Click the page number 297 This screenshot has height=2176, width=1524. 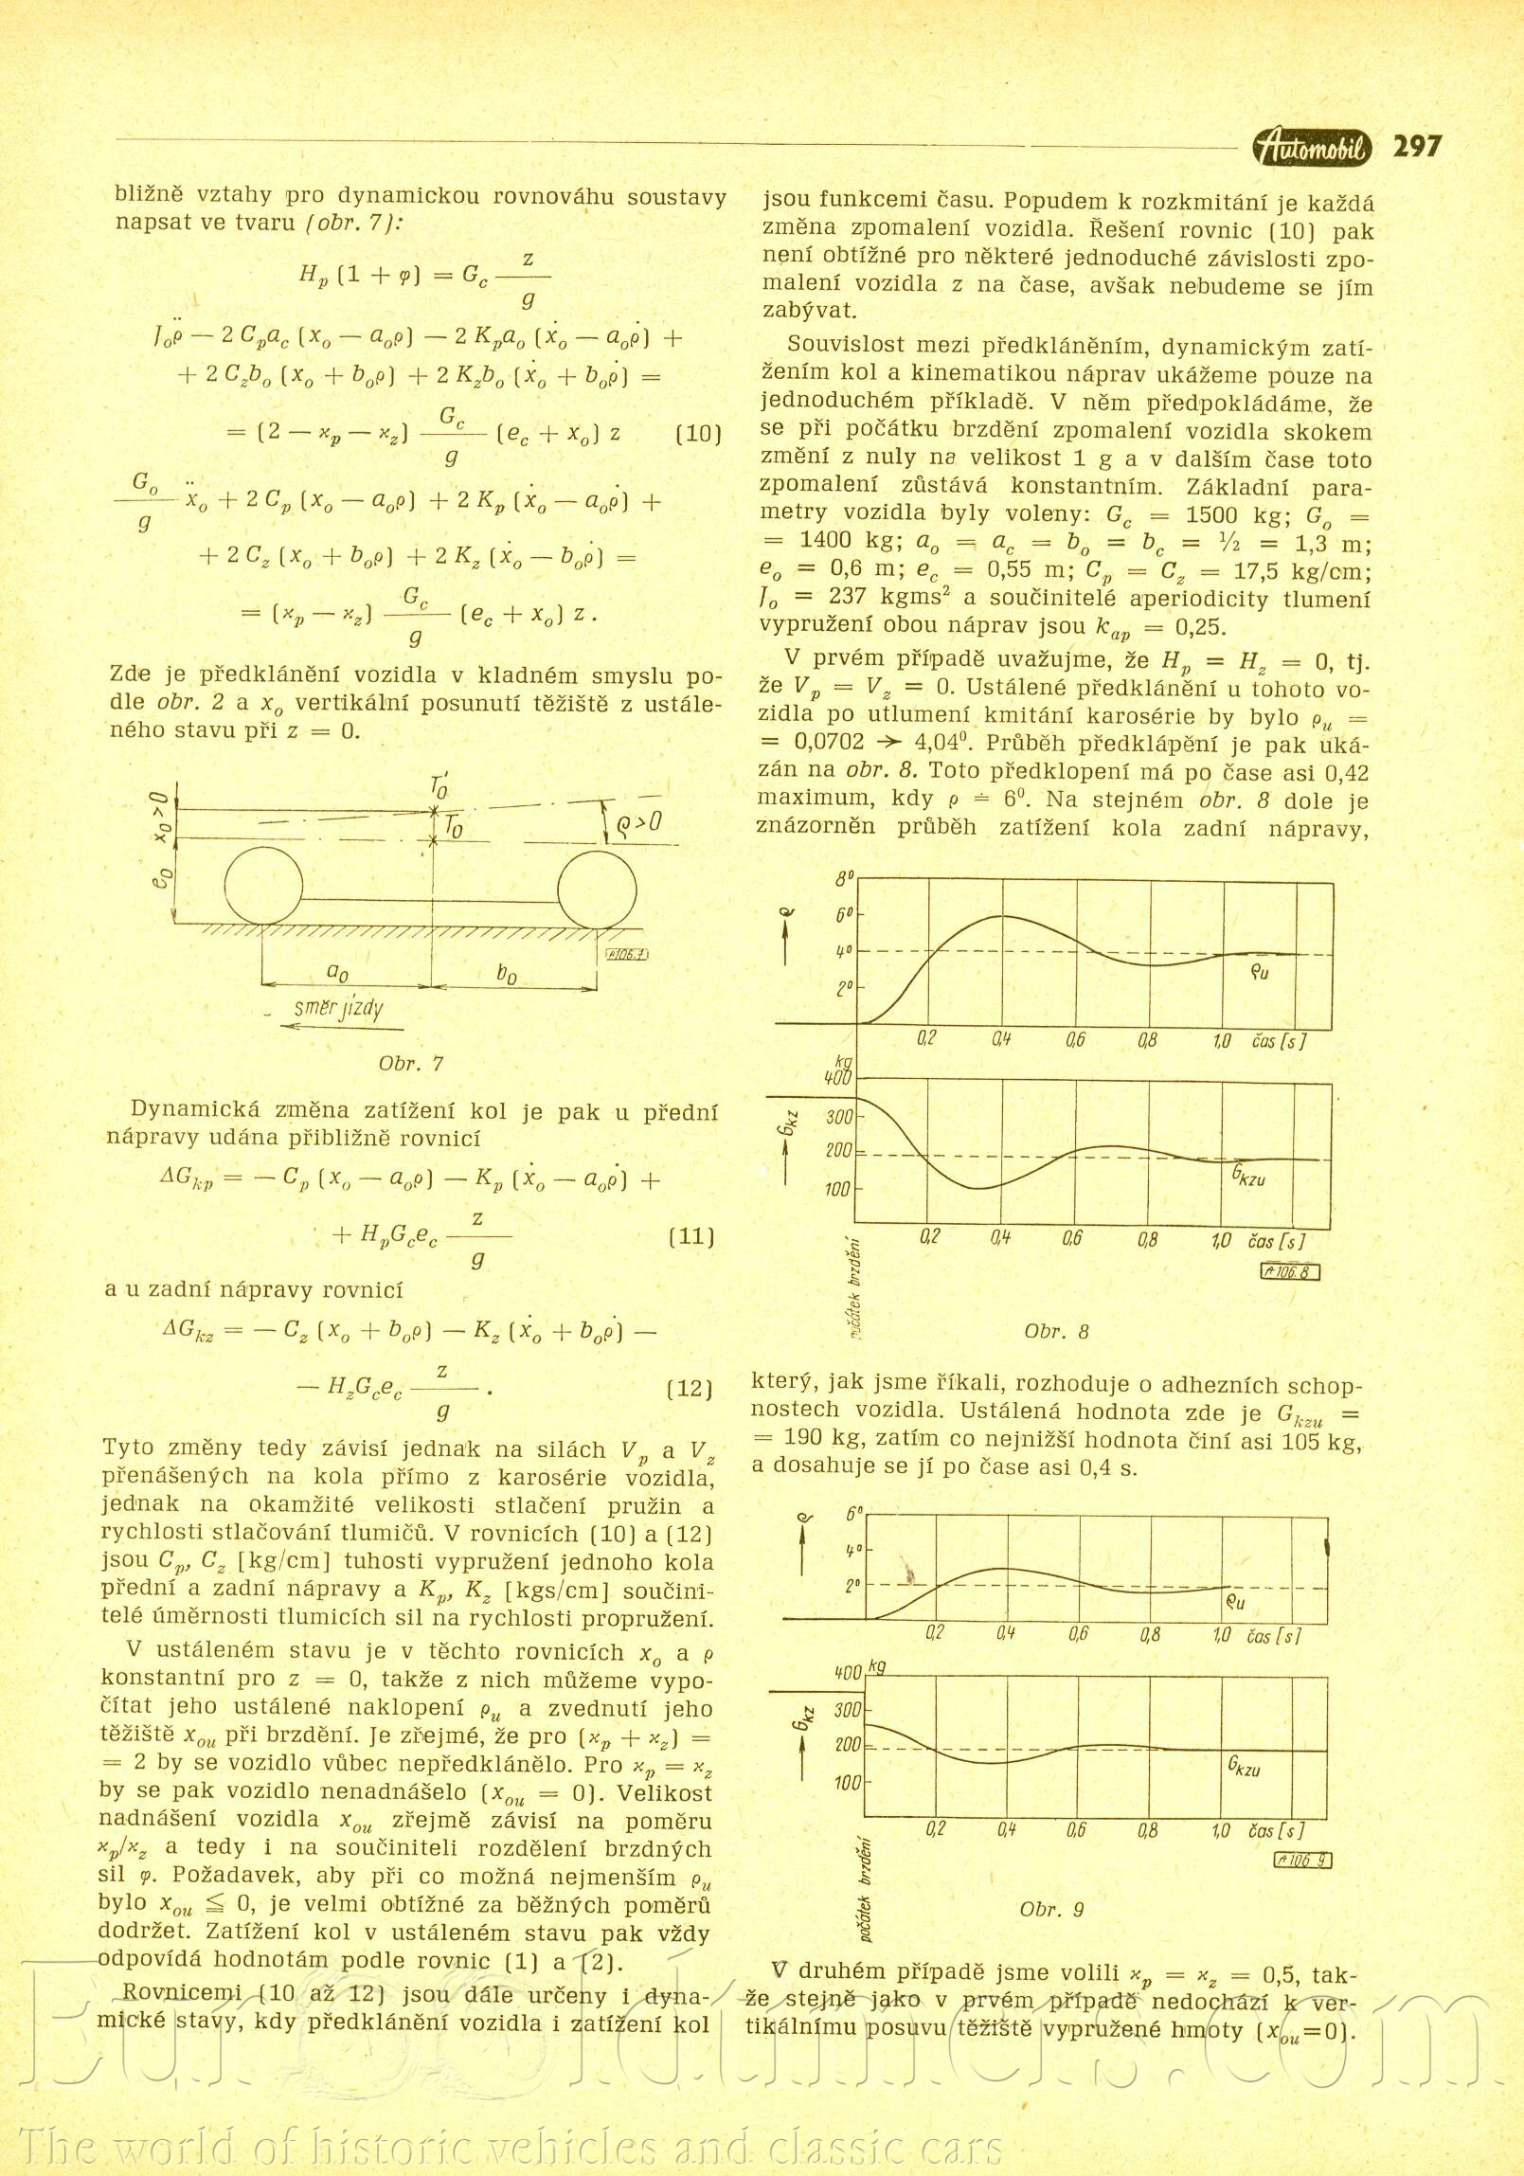(1417, 147)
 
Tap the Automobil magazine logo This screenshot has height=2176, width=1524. (1313, 148)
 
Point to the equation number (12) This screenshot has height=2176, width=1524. (689, 1390)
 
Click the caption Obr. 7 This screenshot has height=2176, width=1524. (411, 1063)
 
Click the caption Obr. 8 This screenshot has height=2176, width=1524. (1057, 1331)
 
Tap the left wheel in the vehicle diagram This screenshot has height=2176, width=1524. (263, 885)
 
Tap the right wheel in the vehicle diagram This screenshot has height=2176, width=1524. (597, 885)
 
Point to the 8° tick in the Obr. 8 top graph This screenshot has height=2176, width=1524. (844, 878)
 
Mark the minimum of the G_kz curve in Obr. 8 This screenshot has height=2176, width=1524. (977, 1188)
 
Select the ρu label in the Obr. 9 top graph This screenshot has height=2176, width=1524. (1235, 1603)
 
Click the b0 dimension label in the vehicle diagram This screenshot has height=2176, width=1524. (507, 975)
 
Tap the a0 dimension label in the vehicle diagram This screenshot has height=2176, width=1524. (337, 973)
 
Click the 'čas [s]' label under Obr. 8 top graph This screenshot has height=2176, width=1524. (1279, 1040)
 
